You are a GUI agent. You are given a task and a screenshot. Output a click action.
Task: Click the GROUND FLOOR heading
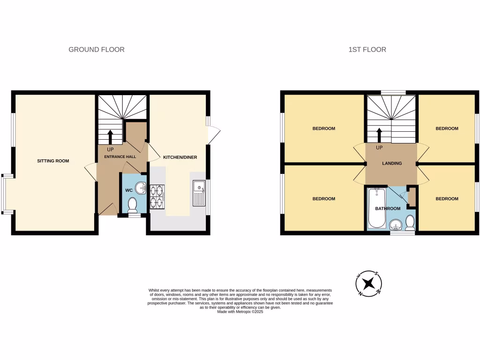(x=97, y=49)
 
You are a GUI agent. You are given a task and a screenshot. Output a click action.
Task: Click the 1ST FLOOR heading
(x=367, y=49)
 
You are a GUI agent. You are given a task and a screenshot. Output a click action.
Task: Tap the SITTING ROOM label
(x=53, y=161)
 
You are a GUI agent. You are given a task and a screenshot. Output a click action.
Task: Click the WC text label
(x=128, y=190)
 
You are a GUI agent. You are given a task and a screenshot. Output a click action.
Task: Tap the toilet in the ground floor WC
(x=133, y=204)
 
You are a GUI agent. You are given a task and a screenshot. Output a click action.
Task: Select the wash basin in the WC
(x=140, y=188)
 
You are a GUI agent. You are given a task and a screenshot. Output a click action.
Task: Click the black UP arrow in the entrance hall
(x=110, y=137)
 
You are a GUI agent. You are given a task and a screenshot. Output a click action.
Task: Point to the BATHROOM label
(x=387, y=209)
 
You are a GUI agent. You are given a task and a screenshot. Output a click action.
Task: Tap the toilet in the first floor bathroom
(x=410, y=222)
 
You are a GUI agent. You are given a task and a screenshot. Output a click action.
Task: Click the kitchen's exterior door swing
(x=213, y=135)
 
